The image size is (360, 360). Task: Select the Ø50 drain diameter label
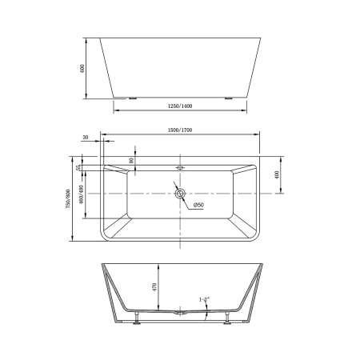point(196,206)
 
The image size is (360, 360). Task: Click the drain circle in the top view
point(180,194)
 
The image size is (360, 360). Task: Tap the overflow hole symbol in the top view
point(180,169)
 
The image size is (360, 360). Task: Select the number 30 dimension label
point(85,138)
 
